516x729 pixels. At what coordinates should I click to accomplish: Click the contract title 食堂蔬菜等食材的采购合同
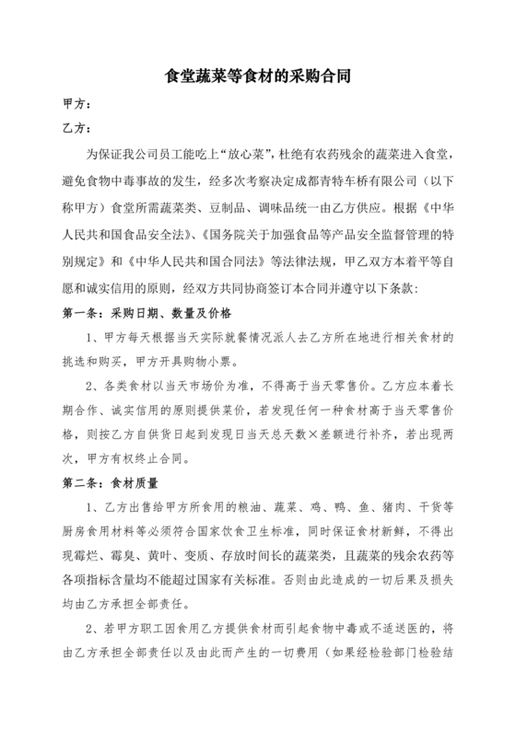[258, 78]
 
